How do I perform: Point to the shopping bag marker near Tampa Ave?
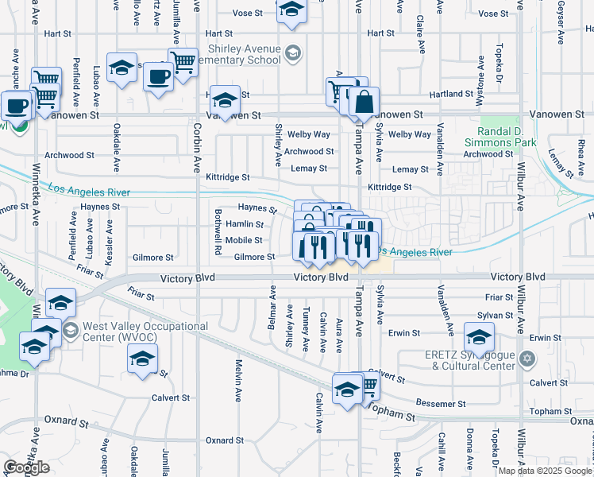tap(364, 103)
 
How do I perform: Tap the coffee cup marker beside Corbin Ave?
tap(159, 78)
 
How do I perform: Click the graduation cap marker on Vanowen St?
tap(226, 100)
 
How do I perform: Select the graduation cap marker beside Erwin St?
tap(479, 337)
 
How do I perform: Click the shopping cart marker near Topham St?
tap(368, 385)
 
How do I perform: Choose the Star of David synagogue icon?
tap(525, 360)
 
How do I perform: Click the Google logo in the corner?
tap(26, 467)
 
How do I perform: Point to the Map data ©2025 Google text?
tap(546, 471)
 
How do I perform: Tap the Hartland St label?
tap(464, 94)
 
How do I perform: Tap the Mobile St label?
tap(244, 240)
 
